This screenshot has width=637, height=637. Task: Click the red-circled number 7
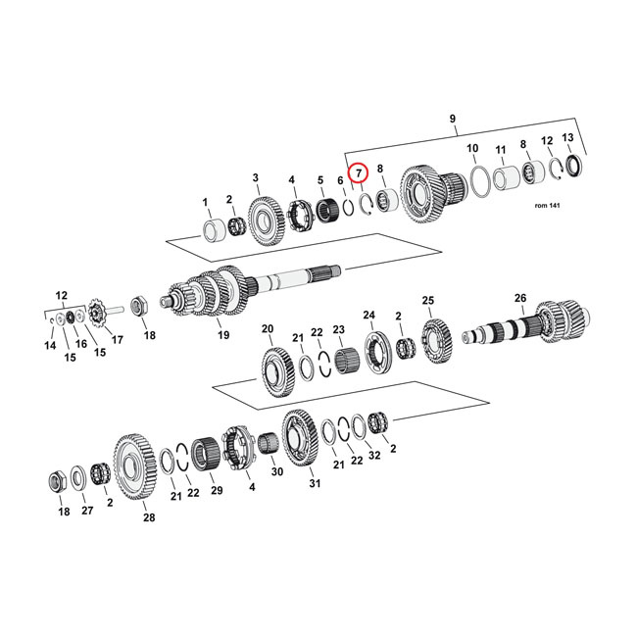click(359, 173)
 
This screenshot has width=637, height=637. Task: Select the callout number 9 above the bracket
click(452, 120)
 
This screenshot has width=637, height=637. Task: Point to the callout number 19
click(224, 335)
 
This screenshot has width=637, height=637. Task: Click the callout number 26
click(520, 298)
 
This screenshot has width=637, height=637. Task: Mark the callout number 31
click(315, 483)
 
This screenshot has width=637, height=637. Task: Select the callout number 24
click(369, 315)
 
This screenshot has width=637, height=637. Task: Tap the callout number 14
click(50, 345)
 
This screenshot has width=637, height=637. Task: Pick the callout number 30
click(276, 471)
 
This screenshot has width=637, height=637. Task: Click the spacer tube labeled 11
click(508, 181)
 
